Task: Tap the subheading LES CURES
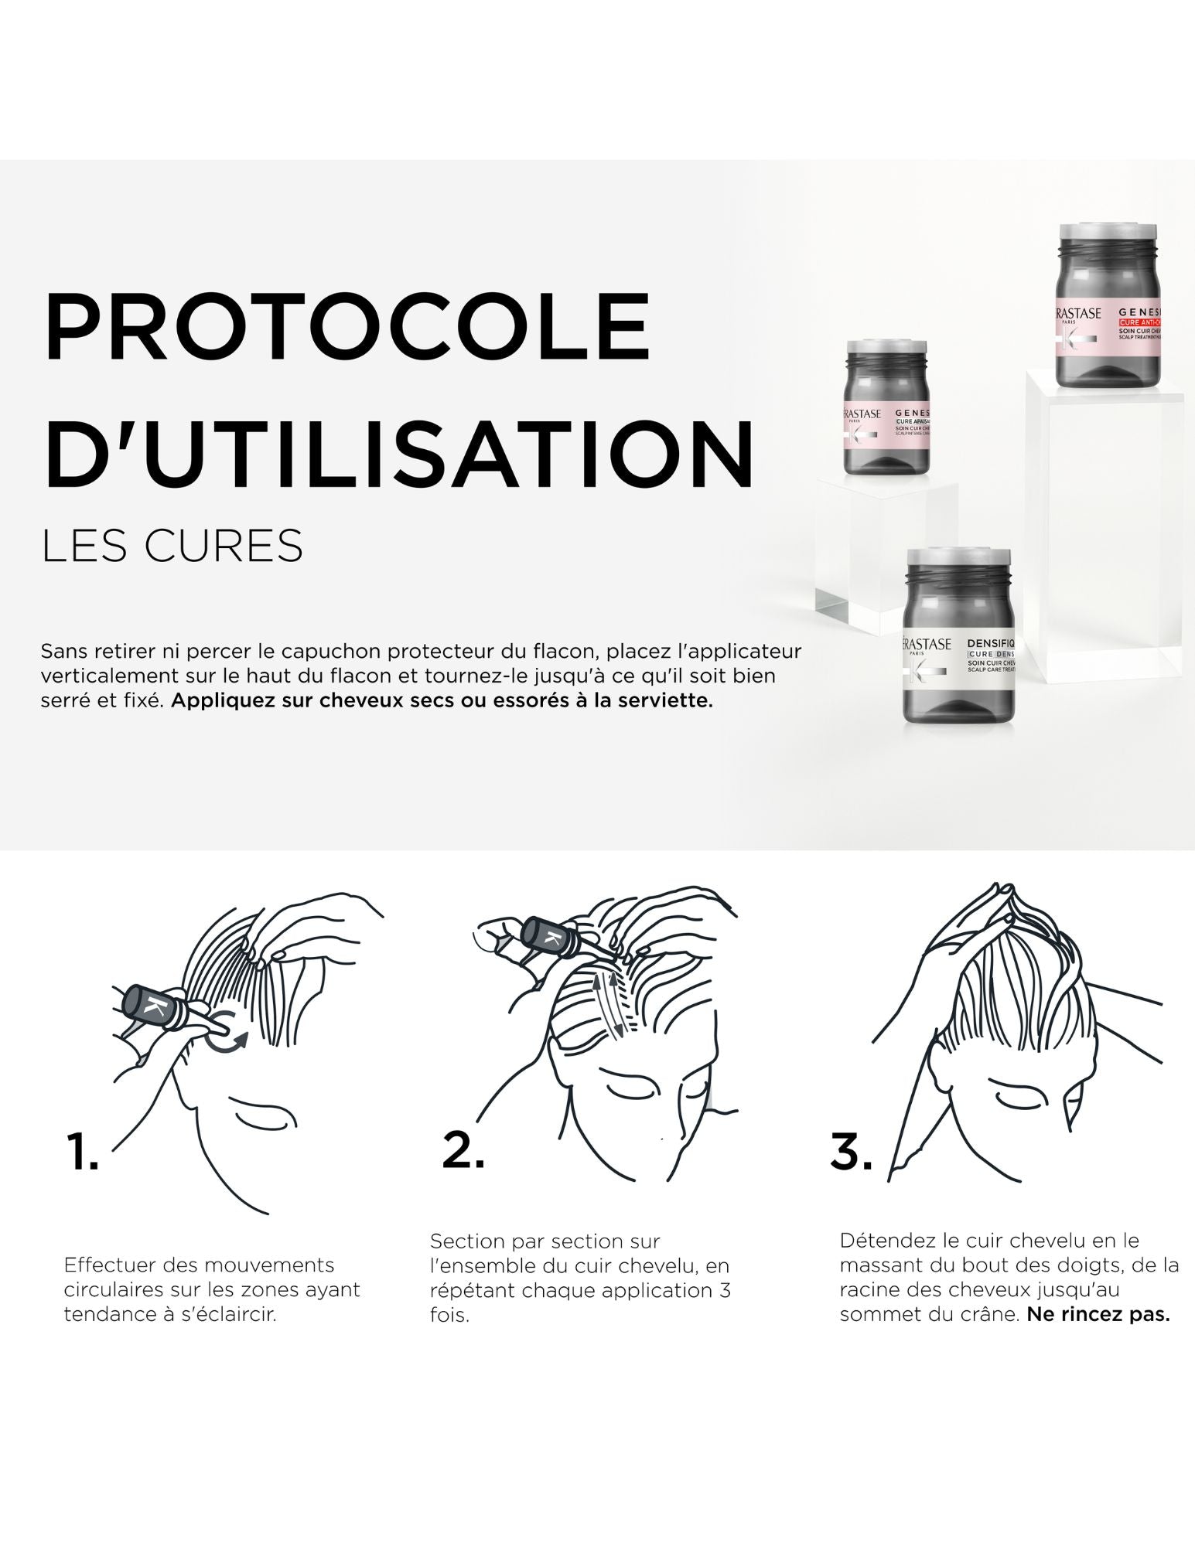(x=172, y=546)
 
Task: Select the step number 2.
(x=463, y=1149)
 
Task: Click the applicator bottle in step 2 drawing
(x=548, y=938)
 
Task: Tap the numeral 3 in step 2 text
(x=724, y=1290)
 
